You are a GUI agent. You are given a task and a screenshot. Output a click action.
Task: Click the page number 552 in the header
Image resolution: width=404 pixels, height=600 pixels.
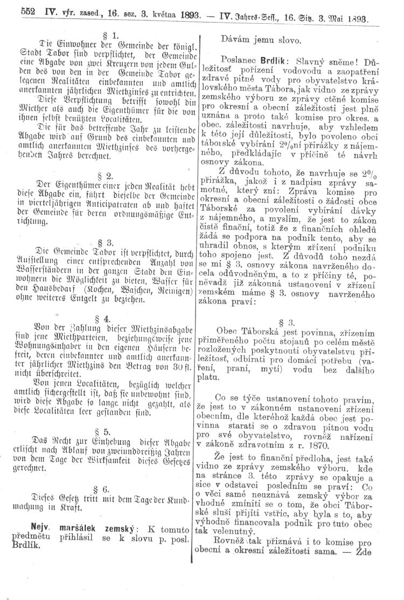coord(12,9)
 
